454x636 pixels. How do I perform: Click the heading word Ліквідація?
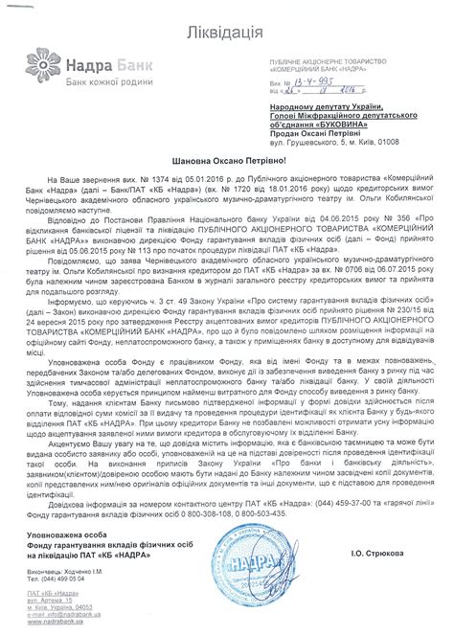pos(227,21)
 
